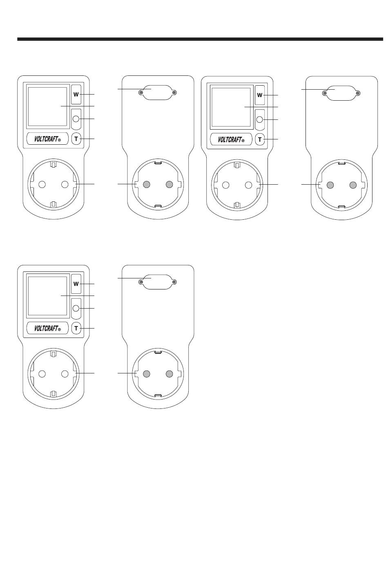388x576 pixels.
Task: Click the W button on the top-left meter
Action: [76, 95]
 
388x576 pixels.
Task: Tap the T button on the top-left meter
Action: [76, 139]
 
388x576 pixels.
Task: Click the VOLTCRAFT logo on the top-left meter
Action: [48, 139]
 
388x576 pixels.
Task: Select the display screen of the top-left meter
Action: [47, 106]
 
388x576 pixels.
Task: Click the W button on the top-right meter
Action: [260, 95]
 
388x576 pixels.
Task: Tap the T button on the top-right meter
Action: [260, 140]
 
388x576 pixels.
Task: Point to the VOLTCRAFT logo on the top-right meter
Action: [231, 140]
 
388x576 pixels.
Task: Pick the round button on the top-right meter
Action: [260, 119]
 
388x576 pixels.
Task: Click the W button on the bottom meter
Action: [76, 284]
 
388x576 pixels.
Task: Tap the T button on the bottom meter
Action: [76, 328]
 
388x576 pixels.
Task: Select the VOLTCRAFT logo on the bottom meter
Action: [48, 328]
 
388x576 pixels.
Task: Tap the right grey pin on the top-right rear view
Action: [354, 185]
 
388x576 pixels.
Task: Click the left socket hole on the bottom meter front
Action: [42, 374]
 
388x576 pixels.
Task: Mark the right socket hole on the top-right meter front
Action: [248, 185]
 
